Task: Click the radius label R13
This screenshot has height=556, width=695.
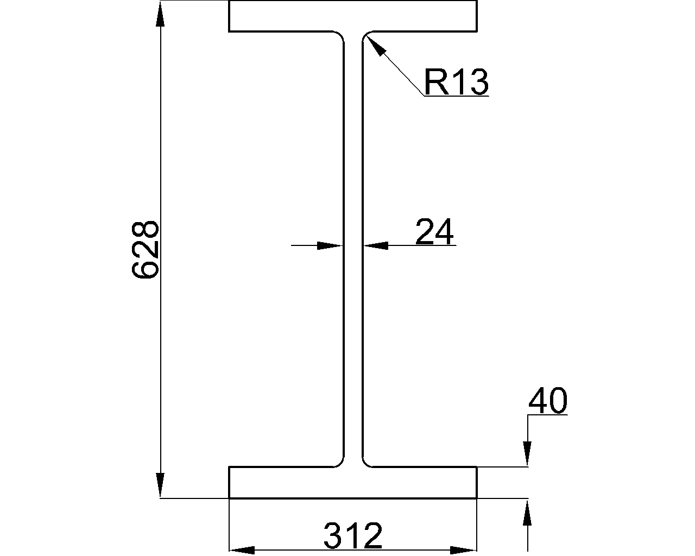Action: pos(456,82)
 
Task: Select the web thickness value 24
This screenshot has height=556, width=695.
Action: pos(434,232)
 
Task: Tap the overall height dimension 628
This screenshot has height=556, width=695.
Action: pos(146,249)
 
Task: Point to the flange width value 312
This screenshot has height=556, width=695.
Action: pos(353,536)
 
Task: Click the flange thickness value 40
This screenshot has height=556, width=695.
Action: pos(547,401)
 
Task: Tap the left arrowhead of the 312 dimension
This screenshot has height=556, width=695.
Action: pos(242,550)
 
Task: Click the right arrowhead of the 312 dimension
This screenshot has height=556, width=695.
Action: pos(464,550)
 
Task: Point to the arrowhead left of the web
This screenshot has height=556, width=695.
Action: pos(330,245)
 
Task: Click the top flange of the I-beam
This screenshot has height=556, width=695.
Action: pos(353,16)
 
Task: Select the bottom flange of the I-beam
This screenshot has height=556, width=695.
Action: pos(353,482)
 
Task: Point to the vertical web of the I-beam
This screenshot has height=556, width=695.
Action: pos(353,326)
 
